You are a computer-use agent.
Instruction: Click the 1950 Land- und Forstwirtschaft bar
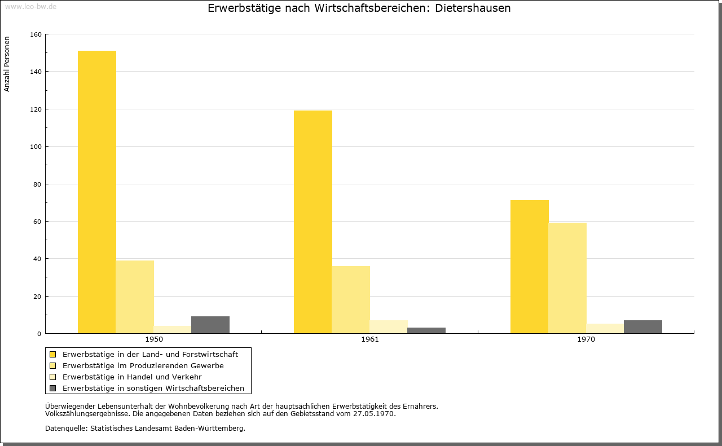(96, 192)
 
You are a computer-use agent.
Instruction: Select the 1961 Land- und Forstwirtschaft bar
(313, 222)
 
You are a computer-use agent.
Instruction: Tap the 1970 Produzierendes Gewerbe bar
(567, 278)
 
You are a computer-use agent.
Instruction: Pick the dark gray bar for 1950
(210, 325)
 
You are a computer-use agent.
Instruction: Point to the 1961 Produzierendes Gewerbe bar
(351, 300)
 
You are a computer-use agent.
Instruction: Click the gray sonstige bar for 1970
(643, 327)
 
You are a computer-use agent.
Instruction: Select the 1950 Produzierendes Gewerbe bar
(135, 297)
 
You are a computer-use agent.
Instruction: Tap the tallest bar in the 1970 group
(530, 267)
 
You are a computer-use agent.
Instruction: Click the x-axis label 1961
(370, 339)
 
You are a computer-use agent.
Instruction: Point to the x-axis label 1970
(586, 339)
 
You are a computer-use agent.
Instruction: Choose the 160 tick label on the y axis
(36, 34)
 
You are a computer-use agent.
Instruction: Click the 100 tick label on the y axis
(36, 147)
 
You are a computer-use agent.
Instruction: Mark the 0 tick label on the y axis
(39, 334)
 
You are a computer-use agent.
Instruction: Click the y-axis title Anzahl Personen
(6, 64)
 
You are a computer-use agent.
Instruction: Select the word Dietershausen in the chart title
(473, 8)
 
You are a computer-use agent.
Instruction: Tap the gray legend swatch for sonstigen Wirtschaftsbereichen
(52, 388)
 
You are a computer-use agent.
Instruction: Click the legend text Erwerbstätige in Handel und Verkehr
(132, 377)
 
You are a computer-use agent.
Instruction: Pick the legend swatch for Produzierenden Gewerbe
(52, 366)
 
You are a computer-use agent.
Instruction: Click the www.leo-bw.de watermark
(30, 7)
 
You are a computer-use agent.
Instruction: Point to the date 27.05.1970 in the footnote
(373, 414)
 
